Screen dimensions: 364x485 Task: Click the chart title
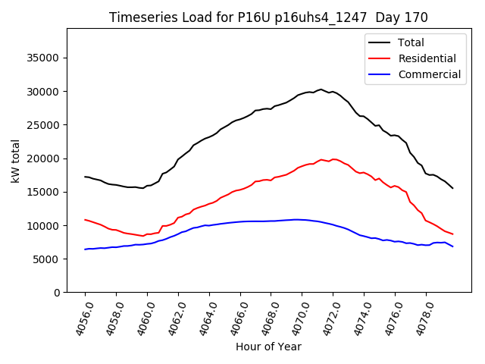[x=268, y=17]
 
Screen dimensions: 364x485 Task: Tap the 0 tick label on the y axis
[x=57, y=293]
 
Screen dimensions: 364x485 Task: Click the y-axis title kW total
[x=16, y=161]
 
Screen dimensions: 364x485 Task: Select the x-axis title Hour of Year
[x=268, y=347]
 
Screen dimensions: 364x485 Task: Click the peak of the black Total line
[x=321, y=89]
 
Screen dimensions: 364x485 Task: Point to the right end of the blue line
[x=453, y=246]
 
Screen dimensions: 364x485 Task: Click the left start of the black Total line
[x=85, y=177]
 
